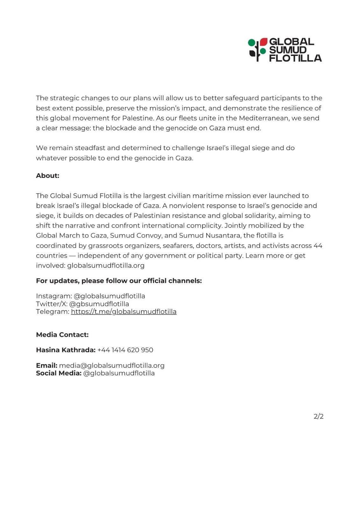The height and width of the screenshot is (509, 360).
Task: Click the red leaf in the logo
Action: (264, 42)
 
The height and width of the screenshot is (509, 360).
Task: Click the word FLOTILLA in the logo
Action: (295, 58)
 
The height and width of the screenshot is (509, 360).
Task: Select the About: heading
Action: (47, 176)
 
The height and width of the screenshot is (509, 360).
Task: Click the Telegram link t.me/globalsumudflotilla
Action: (124, 311)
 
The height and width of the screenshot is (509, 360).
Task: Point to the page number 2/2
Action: (318, 416)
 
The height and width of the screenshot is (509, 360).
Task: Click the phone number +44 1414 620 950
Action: (125, 350)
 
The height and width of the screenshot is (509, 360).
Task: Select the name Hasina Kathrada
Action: (66, 350)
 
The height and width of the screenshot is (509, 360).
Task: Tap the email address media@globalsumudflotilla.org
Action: (112, 365)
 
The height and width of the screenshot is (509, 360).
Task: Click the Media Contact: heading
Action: (62, 335)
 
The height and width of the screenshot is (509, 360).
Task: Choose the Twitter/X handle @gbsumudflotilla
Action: (99, 303)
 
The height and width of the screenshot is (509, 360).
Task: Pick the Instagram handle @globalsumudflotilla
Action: (109, 296)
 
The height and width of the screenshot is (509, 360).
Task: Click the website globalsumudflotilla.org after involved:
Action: (106, 265)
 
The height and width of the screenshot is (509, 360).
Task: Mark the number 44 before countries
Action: (318, 246)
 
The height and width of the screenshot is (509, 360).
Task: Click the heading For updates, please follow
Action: (119, 281)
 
